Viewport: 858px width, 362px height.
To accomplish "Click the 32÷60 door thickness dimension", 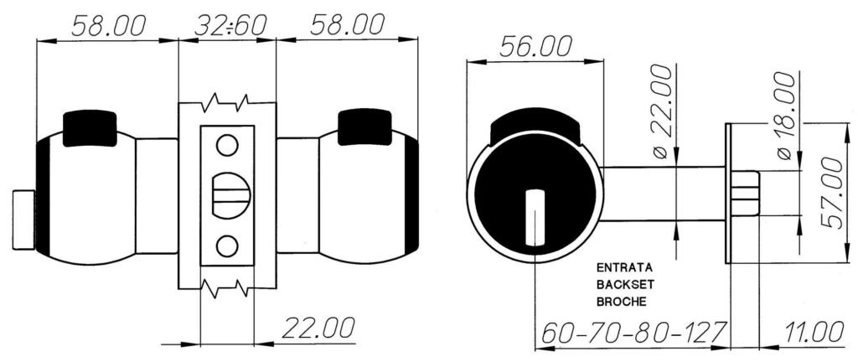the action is pyautogui.click(x=230, y=24).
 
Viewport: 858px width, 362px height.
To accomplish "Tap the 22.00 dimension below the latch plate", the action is pyautogui.click(x=318, y=328).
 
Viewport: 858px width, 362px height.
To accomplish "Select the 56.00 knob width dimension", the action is pyautogui.click(x=535, y=46).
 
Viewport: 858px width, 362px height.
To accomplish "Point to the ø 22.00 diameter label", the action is pyautogui.click(x=661, y=111).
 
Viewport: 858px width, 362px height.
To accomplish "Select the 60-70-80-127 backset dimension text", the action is pyautogui.click(x=633, y=332).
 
